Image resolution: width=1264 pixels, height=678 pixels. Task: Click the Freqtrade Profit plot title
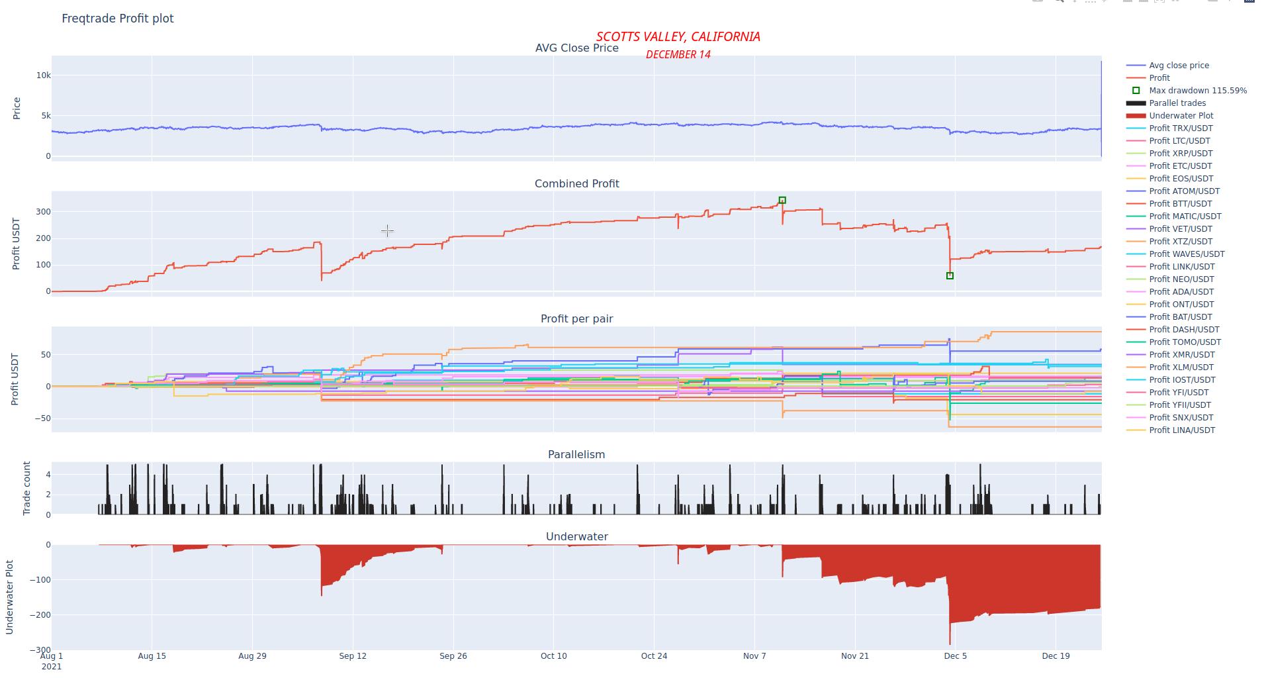117,19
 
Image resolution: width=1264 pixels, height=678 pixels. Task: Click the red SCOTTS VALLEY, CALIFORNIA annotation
678,37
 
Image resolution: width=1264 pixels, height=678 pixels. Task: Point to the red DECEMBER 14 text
678,55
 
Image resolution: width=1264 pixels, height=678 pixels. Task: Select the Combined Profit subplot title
576,184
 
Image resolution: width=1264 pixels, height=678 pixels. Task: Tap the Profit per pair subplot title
576,319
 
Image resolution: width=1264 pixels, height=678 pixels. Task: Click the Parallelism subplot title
576,455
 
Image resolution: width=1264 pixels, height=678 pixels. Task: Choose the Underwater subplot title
576,537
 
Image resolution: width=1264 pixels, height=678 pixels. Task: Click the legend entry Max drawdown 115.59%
1197,91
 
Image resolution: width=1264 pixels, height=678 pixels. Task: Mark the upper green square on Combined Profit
782,200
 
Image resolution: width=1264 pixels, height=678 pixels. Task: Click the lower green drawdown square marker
950,276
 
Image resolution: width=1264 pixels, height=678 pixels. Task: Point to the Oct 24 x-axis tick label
654,656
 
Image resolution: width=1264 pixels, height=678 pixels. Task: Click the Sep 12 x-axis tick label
352,656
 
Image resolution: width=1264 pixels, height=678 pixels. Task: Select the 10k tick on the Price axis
44,75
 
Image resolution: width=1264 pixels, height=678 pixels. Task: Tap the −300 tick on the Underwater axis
40,650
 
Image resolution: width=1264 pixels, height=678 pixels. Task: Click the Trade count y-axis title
27,488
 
